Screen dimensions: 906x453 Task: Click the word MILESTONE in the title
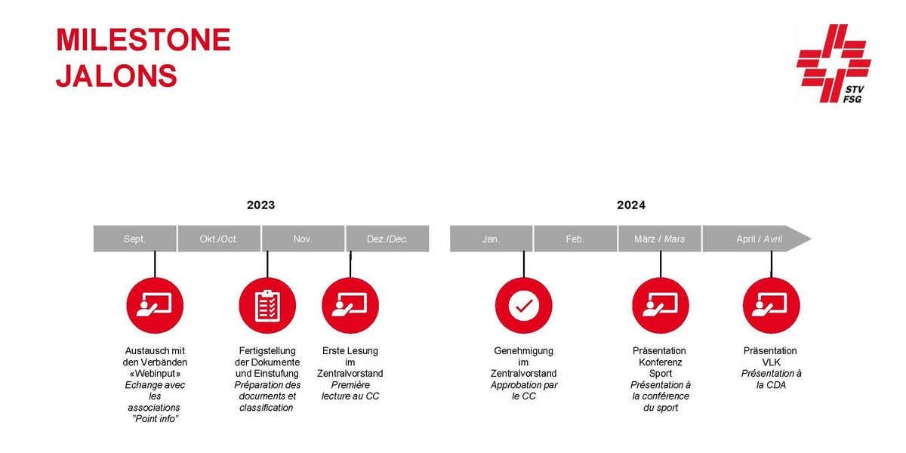(143, 39)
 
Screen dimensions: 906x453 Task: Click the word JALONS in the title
(116, 75)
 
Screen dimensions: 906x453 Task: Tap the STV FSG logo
(834, 63)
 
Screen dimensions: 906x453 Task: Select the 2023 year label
(261, 205)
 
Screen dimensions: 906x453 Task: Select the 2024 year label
(631, 205)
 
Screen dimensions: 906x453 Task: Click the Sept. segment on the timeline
(134, 239)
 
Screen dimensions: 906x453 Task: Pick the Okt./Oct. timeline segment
(219, 239)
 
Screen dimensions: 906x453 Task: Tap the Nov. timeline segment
(303, 239)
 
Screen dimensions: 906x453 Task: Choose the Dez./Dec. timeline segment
(387, 239)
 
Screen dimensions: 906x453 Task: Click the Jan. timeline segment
(491, 239)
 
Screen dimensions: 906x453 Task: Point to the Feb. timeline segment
(575, 239)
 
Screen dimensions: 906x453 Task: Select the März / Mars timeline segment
(660, 239)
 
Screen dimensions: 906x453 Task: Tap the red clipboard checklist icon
(267, 306)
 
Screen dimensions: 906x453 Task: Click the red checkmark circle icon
(524, 306)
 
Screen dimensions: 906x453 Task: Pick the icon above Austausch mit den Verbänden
(155, 306)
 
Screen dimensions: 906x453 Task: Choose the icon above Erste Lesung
(350, 306)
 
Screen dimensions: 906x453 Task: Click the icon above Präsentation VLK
(772, 306)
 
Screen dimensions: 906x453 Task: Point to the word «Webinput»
(155, 373)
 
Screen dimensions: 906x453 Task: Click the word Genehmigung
(523, 351)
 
